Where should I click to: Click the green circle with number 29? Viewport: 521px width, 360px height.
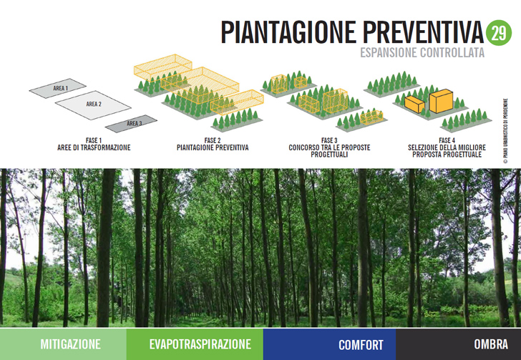[x=498, y=33]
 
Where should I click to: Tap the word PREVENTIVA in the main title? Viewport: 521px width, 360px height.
[x=423, y=32]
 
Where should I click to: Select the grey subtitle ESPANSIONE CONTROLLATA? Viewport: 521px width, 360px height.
[x=422, y=52]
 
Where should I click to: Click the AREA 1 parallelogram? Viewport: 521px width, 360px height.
[x=58, y=88]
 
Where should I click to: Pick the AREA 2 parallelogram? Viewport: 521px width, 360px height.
[x=93, y=104]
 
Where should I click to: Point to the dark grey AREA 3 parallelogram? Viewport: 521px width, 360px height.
[x=131, y=124]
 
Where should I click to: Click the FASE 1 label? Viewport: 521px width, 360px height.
[x=94, y=140]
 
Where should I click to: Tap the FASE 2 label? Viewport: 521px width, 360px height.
[x=213, y=140]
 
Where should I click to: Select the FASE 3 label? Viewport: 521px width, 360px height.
[x=329, y=140]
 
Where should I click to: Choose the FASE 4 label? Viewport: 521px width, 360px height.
[x=447, y=140]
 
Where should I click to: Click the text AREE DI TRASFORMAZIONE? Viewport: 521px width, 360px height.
[x=94, y=147]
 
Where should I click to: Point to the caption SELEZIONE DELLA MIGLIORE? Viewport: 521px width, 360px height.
[x=447, y=147]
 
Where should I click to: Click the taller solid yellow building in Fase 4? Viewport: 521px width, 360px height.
[x=442, y=101]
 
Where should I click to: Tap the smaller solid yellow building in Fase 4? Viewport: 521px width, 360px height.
[x=414, y=104]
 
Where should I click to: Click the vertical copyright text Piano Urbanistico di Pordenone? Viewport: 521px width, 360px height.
[x=505, y=131]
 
